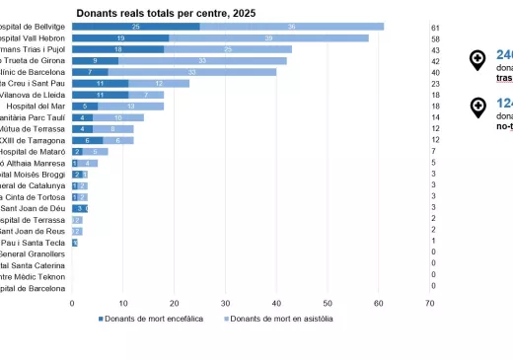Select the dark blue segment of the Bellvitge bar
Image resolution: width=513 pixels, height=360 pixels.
[x=135, y=27]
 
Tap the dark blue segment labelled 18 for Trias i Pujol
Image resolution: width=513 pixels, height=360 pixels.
[x=117, y=49]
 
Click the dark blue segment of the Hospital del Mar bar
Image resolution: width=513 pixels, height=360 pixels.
[x=84, y=106]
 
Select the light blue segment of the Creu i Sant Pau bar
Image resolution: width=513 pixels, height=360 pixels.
[x=159, y=84]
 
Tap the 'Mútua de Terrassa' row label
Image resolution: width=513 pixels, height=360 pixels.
[x=34, y=128]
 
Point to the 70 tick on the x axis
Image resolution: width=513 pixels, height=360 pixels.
[x=429, y=303]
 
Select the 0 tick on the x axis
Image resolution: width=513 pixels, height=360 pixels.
[x=72, y=303]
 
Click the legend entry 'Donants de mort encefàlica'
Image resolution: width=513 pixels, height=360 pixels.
[x=151, y=319]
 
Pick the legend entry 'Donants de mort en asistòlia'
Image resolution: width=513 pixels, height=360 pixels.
[x=280, y=319]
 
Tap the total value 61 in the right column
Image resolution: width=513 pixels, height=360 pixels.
[x=435, y=27]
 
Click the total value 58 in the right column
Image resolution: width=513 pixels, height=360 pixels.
[x=435, y=37]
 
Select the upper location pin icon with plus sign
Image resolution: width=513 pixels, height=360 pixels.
[x=477, y=60]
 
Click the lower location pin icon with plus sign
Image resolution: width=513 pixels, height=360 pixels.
[x=477, y=108]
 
